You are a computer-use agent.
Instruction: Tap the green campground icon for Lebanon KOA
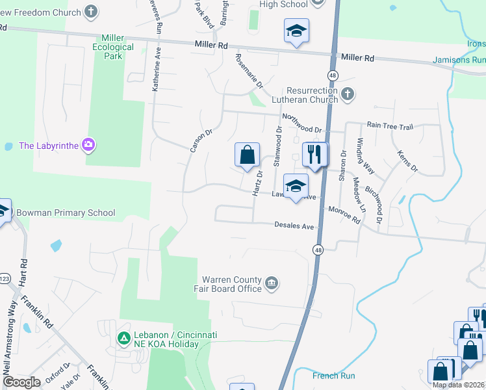click(123, 338)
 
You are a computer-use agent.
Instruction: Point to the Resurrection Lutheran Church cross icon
click(348, 94)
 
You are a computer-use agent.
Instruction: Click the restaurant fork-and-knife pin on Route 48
click(315, 155)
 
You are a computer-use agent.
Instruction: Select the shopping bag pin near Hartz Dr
click(247, 155)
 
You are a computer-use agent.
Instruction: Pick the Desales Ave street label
click(294, 226)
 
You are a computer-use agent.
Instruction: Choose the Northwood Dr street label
click(301, 123)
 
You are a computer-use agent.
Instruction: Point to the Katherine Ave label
click(157, 71)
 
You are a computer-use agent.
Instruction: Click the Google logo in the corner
click(21, 382)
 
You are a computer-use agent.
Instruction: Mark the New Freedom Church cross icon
click(92, 12)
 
